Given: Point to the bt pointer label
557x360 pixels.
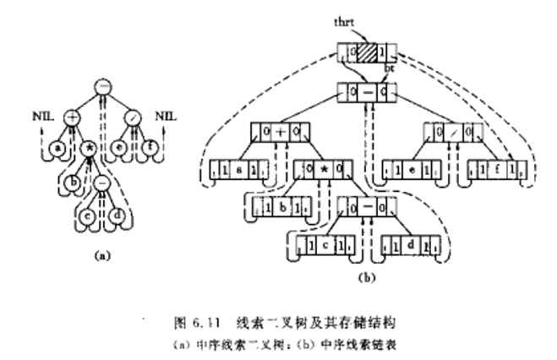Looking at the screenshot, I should pyautogui.click(x=390, y=67).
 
